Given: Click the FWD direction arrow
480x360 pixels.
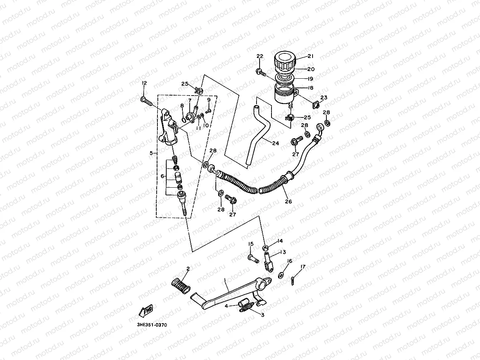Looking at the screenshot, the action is coord(146,310).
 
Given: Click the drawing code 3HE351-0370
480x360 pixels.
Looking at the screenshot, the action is coord(152,325).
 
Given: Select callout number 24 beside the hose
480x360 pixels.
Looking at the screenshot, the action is coord(276,143).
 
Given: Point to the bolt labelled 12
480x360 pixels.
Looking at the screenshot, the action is coord(146,102).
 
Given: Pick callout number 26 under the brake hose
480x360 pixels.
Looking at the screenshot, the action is coord(288,201).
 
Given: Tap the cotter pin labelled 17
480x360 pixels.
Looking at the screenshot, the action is coord(293,281).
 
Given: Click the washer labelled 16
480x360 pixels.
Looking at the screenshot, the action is coord(281,276).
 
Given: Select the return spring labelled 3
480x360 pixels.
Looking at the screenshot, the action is coord(247,307).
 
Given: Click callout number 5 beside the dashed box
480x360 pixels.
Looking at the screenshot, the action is coord(151,153).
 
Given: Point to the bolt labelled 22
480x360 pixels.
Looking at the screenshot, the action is coord(261,73).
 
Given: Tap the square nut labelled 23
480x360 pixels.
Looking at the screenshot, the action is coord(316,106).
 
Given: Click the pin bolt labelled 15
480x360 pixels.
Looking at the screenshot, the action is coord(253,259).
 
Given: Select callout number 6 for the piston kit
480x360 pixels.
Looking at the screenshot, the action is coord(162,176).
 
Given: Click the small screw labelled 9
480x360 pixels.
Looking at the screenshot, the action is coord(209,111).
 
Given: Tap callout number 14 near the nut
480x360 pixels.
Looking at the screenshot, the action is coord(280,241).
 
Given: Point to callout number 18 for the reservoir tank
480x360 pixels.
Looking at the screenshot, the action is coord(311,88).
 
